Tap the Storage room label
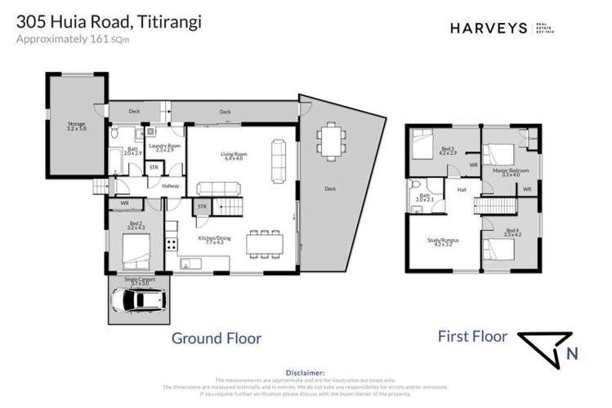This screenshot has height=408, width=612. (75, 127)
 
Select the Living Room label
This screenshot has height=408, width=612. (233, 155)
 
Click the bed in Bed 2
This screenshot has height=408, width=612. (135, 248)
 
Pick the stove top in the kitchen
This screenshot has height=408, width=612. (171, 242)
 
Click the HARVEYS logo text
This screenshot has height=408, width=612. (489, 28)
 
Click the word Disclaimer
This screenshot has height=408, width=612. (306, 370)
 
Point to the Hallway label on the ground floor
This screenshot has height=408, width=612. (170, 186)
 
